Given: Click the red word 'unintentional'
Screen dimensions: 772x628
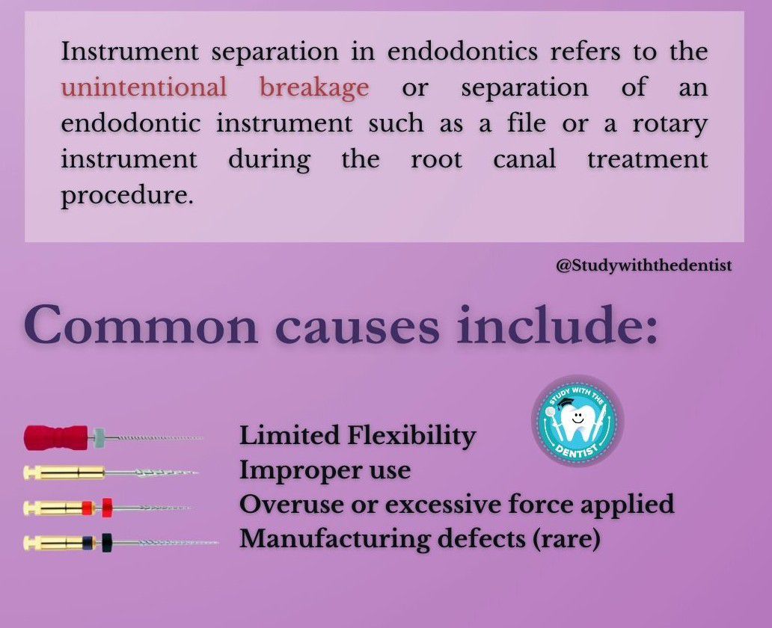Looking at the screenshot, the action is pos(144,87).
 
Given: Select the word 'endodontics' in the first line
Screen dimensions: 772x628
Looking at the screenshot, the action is pos(462,52).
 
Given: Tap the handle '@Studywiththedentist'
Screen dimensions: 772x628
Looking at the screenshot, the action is pos(644,265).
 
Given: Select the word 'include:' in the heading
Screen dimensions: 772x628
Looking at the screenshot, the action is pos(557,325).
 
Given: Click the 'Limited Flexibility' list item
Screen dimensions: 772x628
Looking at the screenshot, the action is pos(358,437).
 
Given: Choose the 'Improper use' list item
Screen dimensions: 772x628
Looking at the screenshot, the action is pos(325,471).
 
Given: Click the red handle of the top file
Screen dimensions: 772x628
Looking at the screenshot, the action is pos(56,437).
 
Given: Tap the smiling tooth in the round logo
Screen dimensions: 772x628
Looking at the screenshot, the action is pos(578,422).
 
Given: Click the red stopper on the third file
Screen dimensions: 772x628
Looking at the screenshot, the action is pos(107,507).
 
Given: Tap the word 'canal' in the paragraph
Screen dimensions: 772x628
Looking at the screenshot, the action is pos(525,159).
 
